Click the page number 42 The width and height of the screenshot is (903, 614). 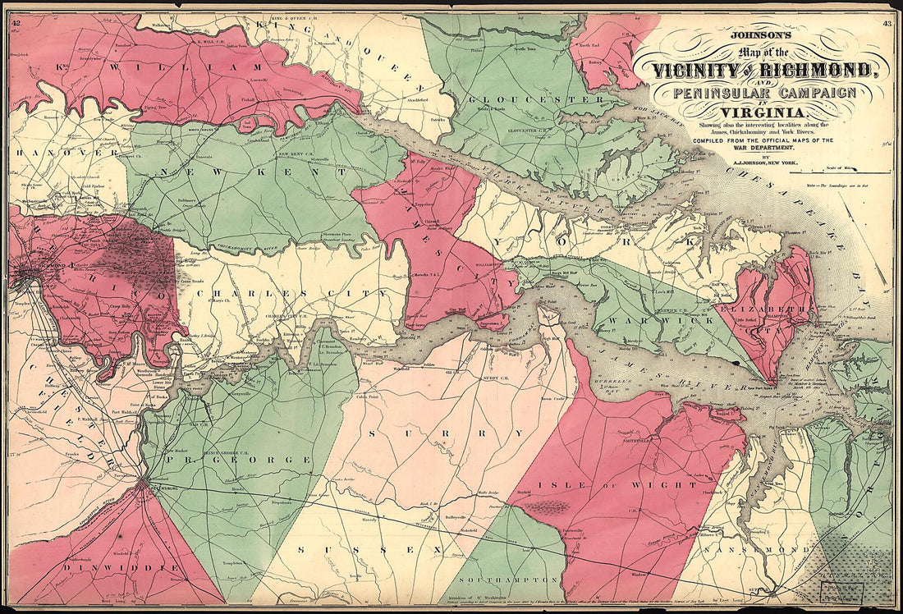click(x=16, y=23)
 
